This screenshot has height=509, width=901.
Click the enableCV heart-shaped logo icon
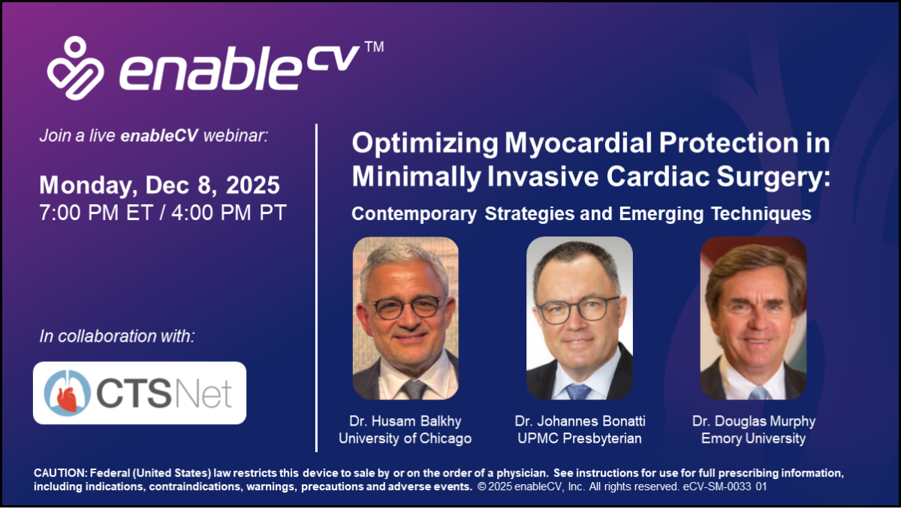[x=75, y=68]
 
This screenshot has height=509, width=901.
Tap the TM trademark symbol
[x=375, y=47]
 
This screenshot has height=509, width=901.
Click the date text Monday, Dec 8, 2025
[x=159, y=185]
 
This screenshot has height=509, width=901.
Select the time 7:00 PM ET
[x=96, y=212]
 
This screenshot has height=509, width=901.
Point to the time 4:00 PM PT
[x=229, y=212]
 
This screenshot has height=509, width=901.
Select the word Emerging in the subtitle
[x=661, y=213]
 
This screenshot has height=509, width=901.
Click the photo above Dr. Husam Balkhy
[x=405, y=318]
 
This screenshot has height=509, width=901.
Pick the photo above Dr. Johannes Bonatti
[x=580, y=318]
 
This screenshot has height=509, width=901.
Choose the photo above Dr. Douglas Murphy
[x=753, y=318]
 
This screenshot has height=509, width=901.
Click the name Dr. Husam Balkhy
[x=405, y=421]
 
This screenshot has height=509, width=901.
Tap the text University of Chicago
[x=405, y=438]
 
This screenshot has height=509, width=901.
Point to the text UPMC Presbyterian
[x=580, y=438]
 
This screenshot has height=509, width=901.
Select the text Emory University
[x=753, y=438]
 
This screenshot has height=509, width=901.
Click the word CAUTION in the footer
[x=60, y=473]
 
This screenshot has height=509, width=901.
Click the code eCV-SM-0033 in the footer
[x=717, y=486]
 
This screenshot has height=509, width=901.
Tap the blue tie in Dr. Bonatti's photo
[x=578, y=392]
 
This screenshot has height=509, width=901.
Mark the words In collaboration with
[x=117, y=336]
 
